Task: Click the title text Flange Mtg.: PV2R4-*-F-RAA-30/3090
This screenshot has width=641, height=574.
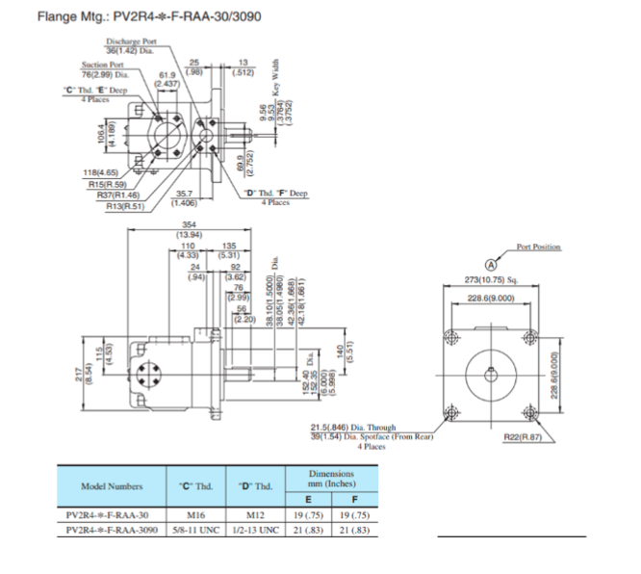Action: (x=134, y=16)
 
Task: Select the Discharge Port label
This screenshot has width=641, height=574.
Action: (x=132, y=42)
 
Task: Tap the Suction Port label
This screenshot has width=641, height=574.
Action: (x=101, y=65)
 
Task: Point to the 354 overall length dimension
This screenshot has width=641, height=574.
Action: (x=189, y=224)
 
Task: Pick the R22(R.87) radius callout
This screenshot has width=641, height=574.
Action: (x=524, y=438)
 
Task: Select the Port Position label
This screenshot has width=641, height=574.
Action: (x=538, y=248)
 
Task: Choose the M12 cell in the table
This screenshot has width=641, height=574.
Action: (x=255, y=515)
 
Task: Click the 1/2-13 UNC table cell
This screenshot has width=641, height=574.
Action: (x=255, y=531)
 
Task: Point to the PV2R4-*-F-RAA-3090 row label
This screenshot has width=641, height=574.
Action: (x=111, y=531)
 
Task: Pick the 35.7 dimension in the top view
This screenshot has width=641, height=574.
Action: (x=184, y=194)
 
